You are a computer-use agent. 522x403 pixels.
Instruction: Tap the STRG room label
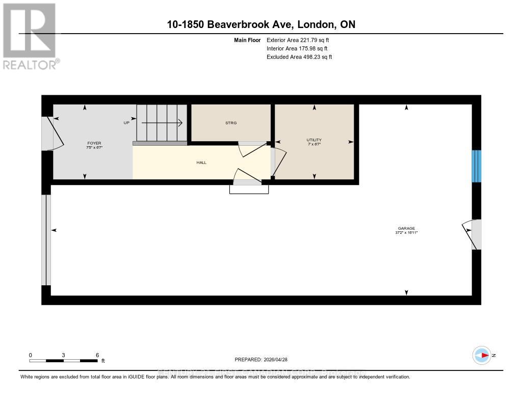click(x=231, y=123)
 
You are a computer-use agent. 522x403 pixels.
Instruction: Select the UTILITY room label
click(x=314, y=140)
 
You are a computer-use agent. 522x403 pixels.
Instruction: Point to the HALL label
click(x=201, y=163)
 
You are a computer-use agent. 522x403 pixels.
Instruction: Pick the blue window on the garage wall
click(x=476, y=166)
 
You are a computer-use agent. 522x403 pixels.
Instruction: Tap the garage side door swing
click(x=469, y=234)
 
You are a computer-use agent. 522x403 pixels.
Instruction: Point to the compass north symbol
click(x=482, y=355)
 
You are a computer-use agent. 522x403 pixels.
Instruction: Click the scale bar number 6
click(x=97, y=355)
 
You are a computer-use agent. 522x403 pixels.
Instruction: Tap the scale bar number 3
click(x=63, y=355)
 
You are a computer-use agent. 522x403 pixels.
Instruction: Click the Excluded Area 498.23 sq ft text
click(x=299, y=57)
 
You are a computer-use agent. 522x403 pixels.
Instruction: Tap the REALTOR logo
click(x=30, y=36)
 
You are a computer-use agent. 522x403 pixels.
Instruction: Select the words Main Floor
click(x=247, y=40)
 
